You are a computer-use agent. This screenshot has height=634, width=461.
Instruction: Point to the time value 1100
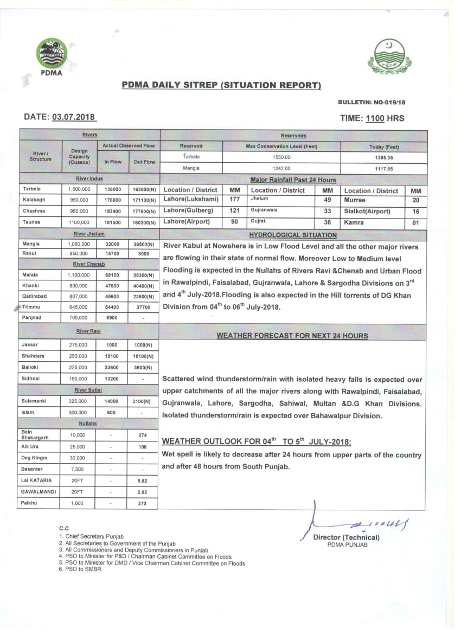point(375,118)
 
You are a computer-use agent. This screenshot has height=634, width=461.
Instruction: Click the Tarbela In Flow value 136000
point(113,189)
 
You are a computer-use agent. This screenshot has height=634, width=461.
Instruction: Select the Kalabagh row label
point(34,200)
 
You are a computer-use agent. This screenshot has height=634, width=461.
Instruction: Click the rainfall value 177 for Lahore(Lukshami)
point(235,200)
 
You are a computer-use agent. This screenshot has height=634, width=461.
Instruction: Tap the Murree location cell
point(355,200)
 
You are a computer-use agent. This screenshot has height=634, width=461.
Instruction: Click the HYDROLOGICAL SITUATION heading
point(292,235)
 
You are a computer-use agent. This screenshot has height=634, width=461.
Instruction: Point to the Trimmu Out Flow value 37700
point(143,306)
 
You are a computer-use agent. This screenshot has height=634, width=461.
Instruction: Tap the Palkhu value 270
point(143,503)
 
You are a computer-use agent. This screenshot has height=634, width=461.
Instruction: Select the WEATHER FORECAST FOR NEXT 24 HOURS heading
point(292,336)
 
